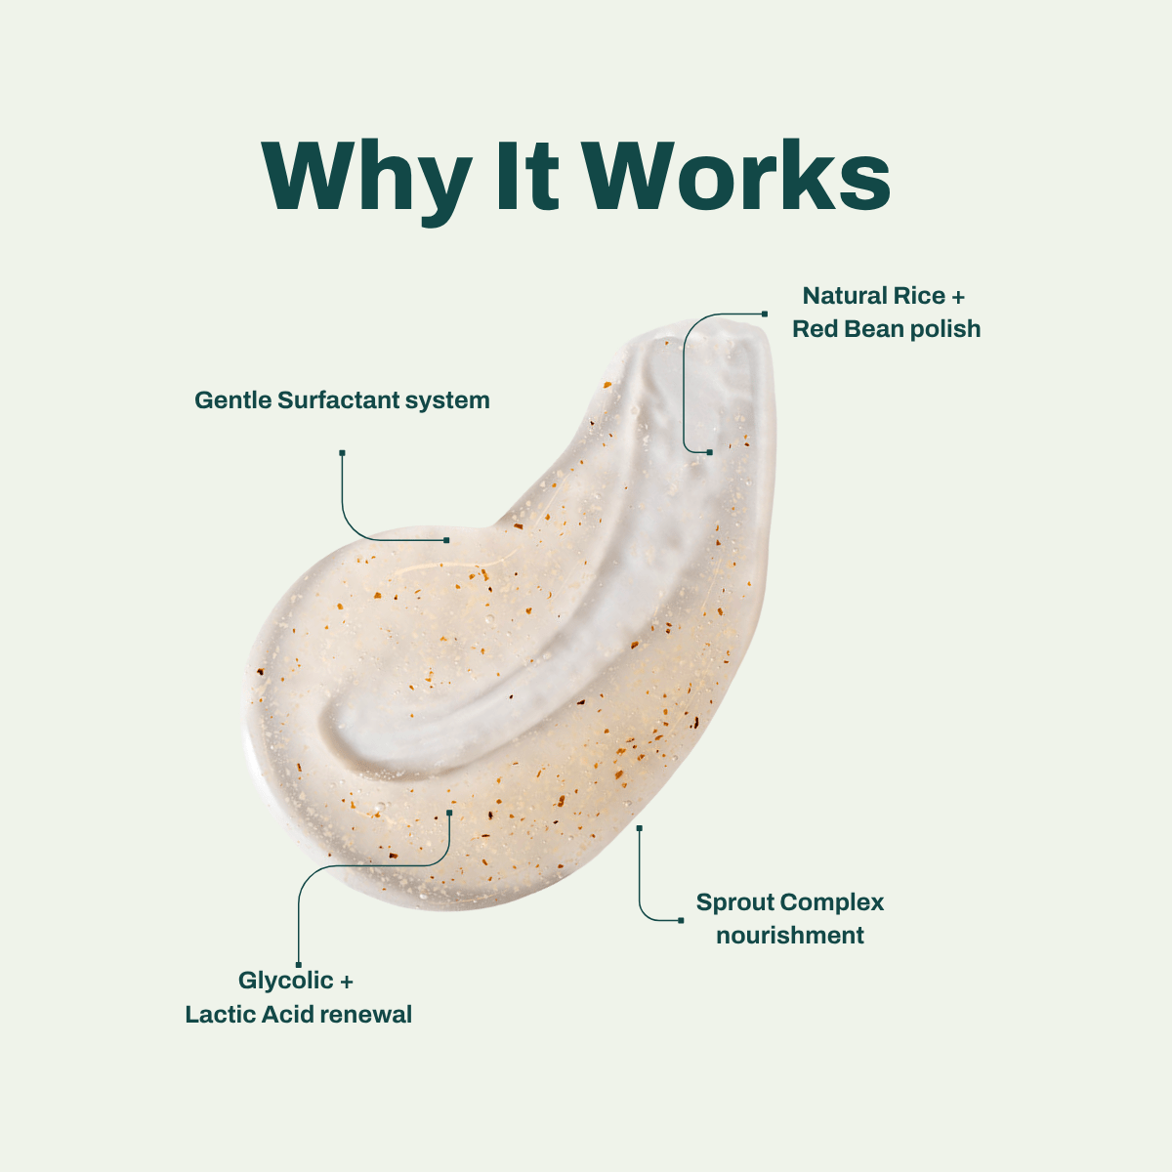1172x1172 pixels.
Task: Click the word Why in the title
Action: (367, 182)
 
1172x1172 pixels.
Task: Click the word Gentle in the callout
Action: (233, 400)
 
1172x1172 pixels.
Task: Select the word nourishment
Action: (790, 936)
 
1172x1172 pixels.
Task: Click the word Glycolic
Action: (286, 982)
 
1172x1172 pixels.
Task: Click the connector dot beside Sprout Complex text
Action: (681, 920)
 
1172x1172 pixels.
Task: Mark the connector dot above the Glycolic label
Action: (299, 965)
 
